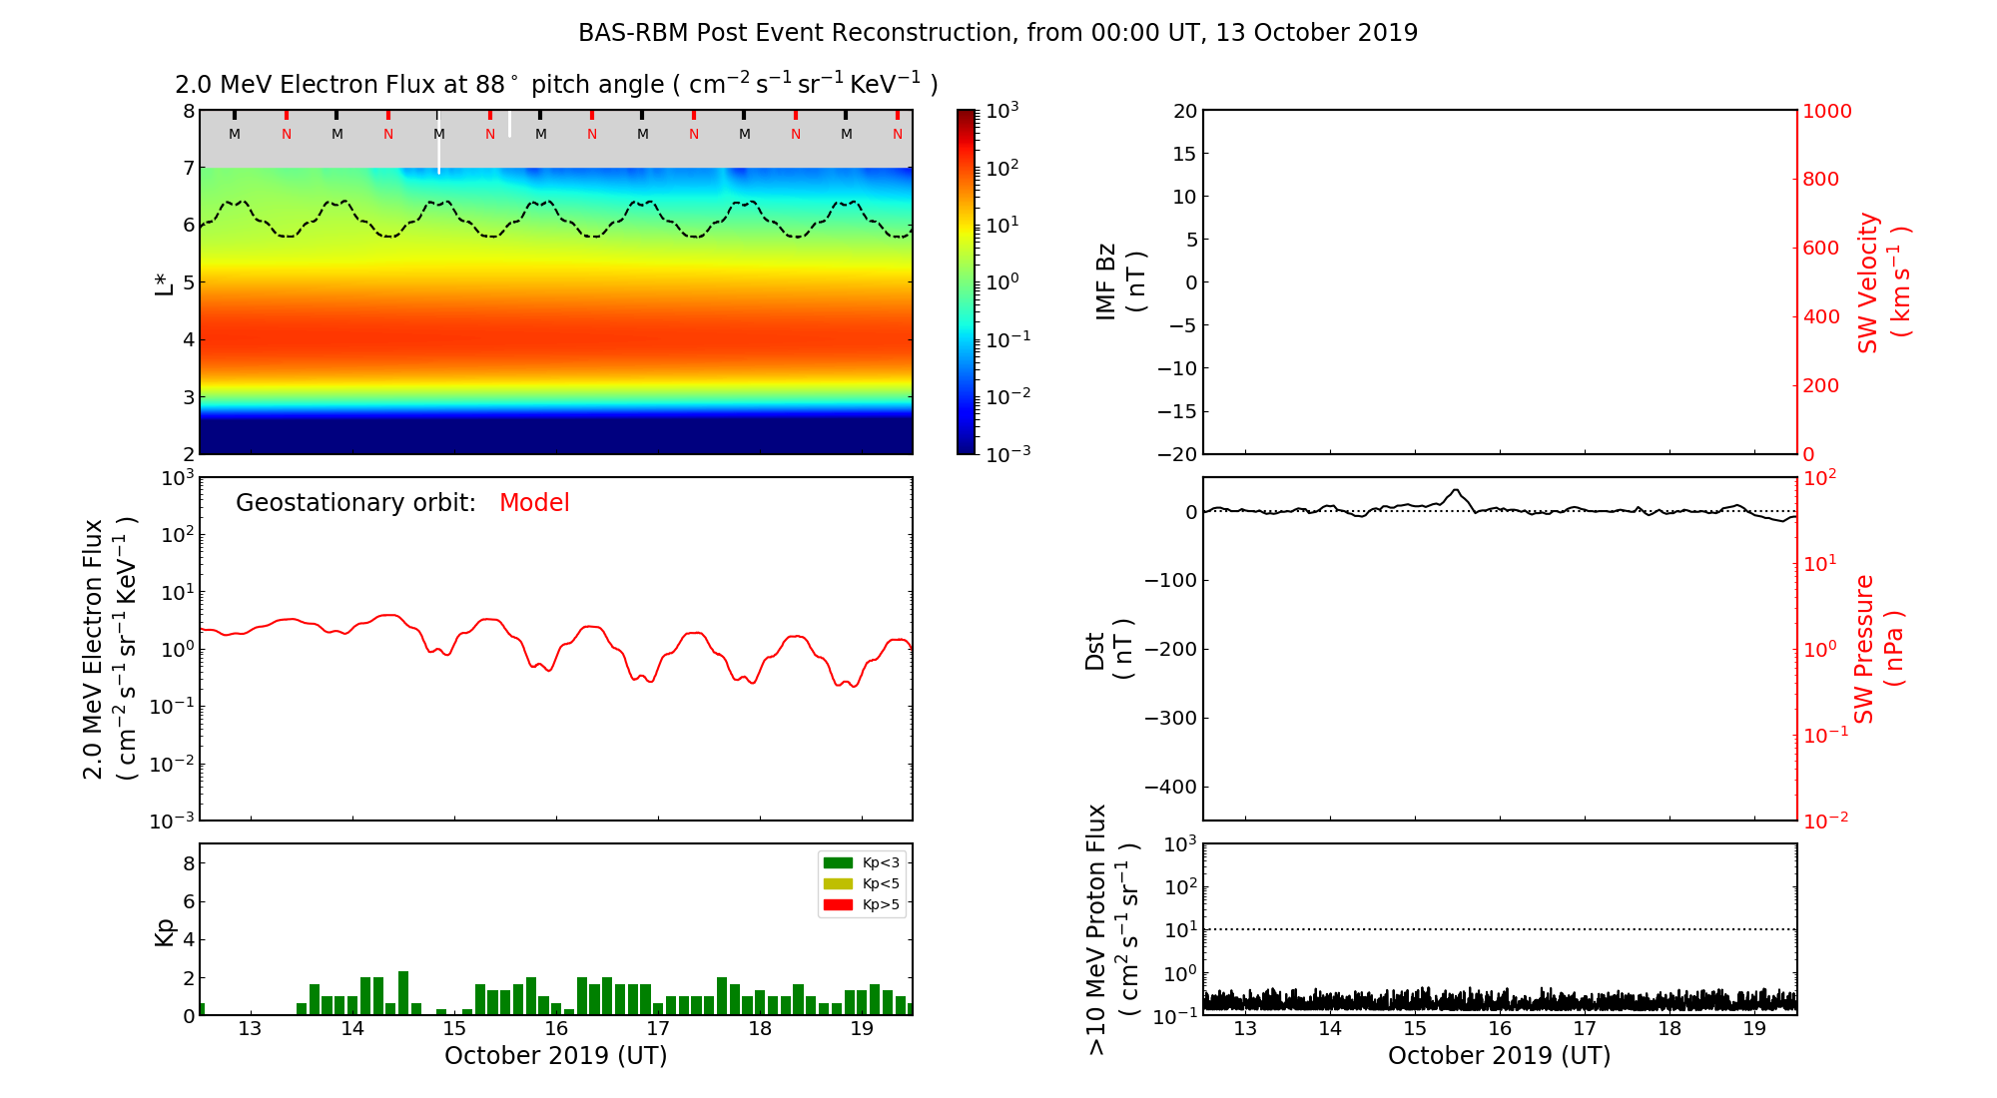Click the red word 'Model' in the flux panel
point(534,503)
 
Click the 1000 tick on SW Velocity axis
point(1826,111)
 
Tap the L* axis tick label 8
point(189,111)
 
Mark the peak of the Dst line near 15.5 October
point(1456,490)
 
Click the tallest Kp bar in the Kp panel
point(403,992)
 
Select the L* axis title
point(164,282)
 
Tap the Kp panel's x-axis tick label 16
point(556,1029)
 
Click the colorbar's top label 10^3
point(1001,110)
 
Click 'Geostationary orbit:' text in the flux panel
point(355,503)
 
